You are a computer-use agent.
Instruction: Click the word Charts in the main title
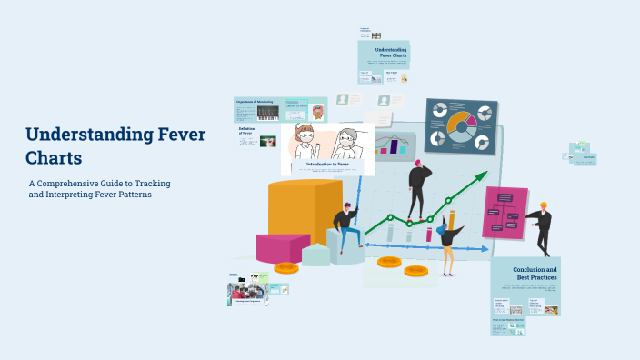pyautogui.click(x=54, y=157)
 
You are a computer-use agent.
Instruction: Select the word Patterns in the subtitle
pyautogui.click(x=132, y=195)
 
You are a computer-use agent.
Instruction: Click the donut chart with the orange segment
pyautogui.click(x=461, y=125)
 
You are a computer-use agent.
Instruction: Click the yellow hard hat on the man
pyautogui.click(x=544, y=205)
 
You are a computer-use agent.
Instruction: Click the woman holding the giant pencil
pyautogui.click(x=448, y=239)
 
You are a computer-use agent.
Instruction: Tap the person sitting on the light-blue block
pyautogui.click(x=345, y=226)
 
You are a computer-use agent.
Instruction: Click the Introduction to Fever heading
pyautogui.click(x=326, y=164)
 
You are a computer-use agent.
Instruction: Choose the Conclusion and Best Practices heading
pyautogui.click(x=535, y=273)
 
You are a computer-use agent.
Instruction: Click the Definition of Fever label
pyautogui.click(x=245, y=133)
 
